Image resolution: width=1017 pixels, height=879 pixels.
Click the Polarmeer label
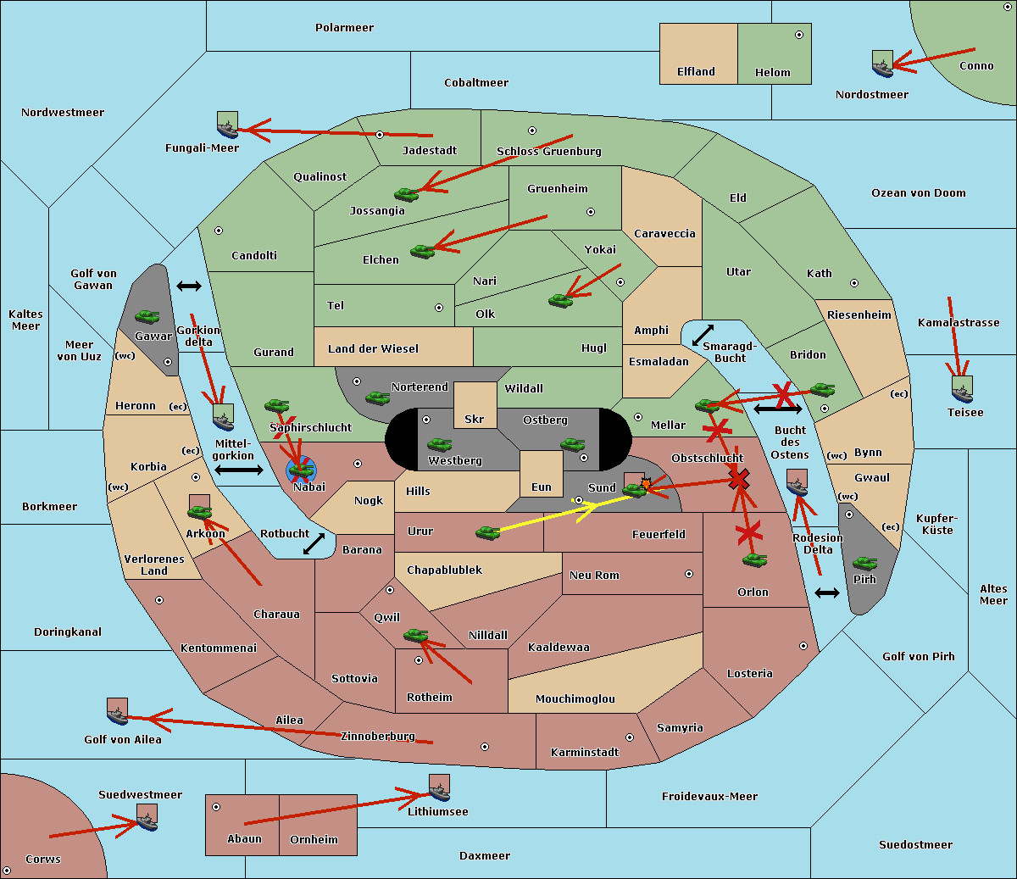point(344,28)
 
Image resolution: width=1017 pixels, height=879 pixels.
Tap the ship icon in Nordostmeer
point(882,64)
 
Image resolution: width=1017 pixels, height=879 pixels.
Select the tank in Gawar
point(147,316)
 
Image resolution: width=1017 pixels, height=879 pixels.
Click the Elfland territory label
point(696,72)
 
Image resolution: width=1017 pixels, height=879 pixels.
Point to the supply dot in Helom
point(798,35)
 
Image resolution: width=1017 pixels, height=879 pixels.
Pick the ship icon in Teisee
point(962,389)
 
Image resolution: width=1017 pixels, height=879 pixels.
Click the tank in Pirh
point(864,563)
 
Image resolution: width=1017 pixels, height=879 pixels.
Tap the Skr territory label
point(475,419)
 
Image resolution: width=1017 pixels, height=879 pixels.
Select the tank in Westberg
point(439,444)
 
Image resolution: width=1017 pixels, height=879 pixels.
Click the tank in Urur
point(487,532)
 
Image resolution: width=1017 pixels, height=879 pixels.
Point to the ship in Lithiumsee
point(439,788)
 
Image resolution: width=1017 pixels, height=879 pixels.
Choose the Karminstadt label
point(585,752)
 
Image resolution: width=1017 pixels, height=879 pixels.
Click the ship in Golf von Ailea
point(117,712)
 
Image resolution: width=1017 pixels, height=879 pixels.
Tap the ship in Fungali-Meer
point(227,125)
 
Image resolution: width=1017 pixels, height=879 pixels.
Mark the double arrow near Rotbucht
point(314,543)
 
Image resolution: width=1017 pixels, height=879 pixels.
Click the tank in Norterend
point(377,398)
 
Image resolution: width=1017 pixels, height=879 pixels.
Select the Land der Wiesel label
point(373,348)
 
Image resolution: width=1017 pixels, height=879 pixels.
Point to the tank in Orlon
point(754,560)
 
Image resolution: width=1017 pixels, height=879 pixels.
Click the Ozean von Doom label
point(919,193)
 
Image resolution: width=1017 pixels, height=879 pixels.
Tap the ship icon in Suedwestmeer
point(147,818)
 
